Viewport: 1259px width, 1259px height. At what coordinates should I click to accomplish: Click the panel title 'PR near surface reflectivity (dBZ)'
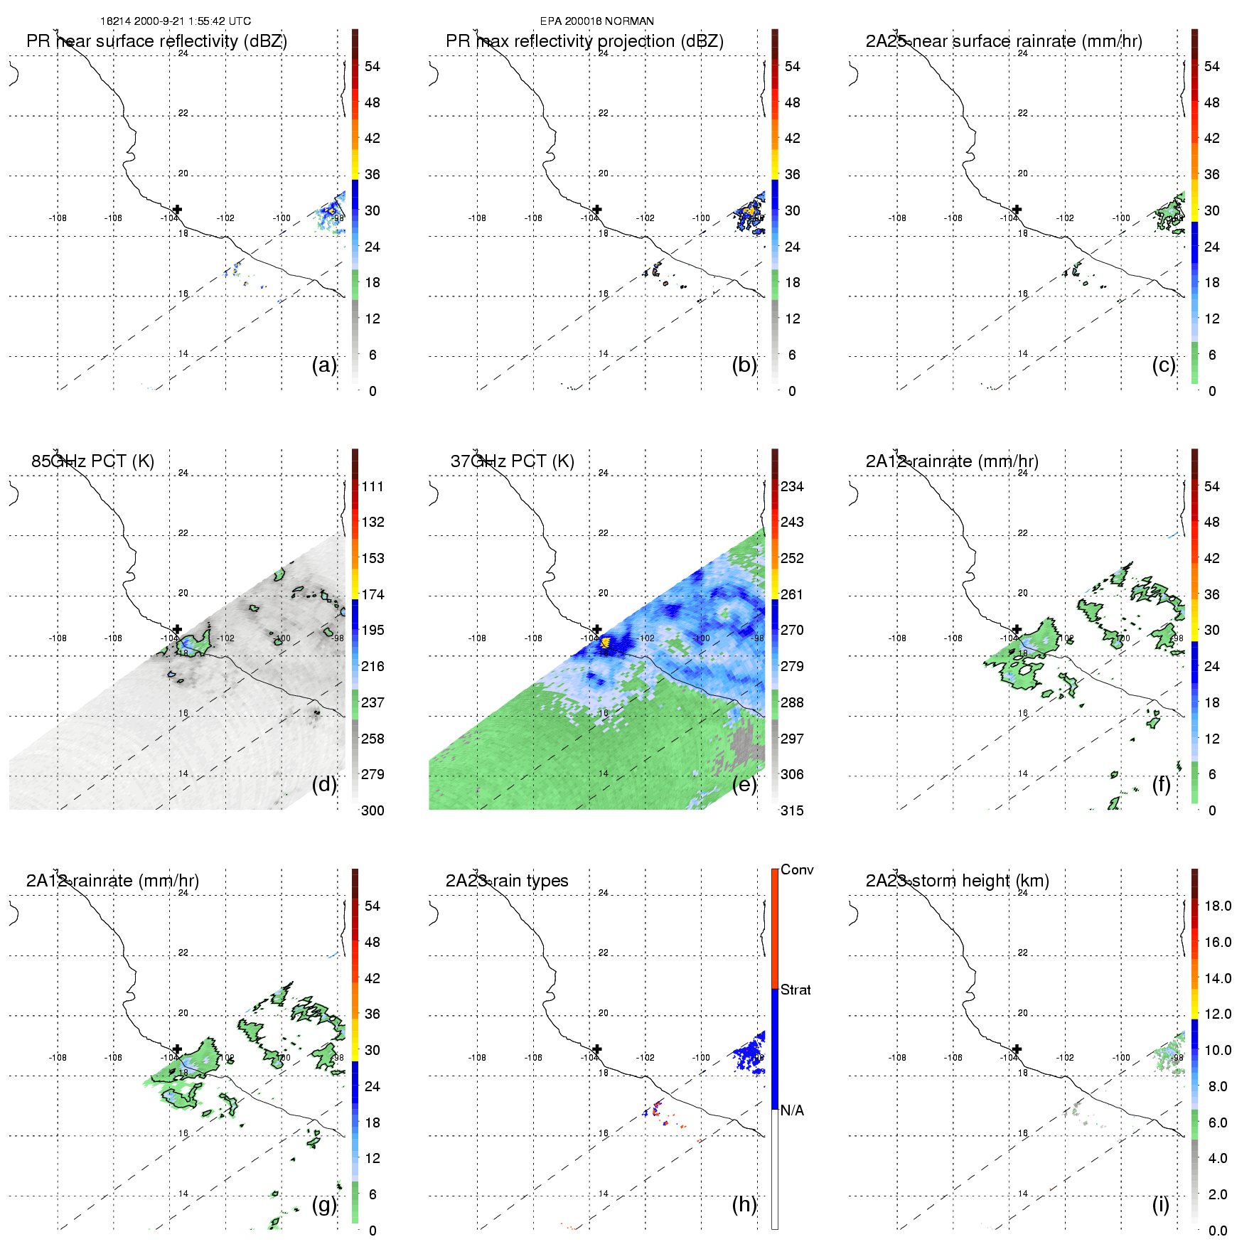pos(156,41)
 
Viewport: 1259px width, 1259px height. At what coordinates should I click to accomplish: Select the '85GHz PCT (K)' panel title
pos(92,461)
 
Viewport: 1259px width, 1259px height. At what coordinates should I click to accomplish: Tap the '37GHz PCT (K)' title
pos(512,461)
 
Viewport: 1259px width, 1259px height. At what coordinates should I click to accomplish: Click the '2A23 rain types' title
pos(507,881)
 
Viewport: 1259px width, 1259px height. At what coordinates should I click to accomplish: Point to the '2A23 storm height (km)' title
pos(957,881)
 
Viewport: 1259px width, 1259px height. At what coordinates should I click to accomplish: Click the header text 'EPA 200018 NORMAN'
pos(596,21)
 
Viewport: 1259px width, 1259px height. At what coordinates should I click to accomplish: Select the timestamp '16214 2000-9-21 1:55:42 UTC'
pos(176,21)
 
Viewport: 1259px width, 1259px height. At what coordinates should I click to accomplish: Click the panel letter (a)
pos(324,365)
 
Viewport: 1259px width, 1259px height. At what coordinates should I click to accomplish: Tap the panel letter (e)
pos(744,784)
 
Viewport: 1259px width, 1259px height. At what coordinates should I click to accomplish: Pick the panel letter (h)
pos(744,1204)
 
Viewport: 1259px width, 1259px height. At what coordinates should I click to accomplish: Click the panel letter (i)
pos(1160,1204)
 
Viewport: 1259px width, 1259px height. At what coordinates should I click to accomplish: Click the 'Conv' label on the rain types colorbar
pos(797,870)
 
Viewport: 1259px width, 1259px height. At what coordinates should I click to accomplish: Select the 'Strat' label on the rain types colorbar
pos(795,990)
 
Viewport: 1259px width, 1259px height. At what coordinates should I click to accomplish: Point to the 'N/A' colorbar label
pos(792,1110)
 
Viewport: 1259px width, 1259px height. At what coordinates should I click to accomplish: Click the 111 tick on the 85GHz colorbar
pos(373,486)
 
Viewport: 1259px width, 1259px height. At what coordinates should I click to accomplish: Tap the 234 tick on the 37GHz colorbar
pos(792,486)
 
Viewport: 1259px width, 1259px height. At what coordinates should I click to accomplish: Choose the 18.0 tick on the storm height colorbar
pos(1218,906)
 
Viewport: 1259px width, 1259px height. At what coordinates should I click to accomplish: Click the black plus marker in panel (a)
pos(177,209)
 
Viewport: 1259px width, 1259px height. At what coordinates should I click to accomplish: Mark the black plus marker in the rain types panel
pos(597,1049)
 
